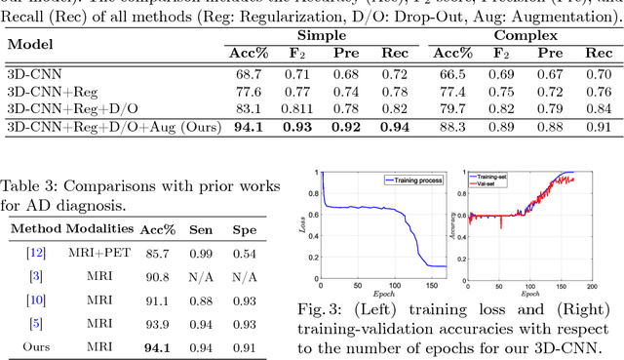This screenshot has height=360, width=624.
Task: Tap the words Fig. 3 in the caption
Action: coord(320,310)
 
